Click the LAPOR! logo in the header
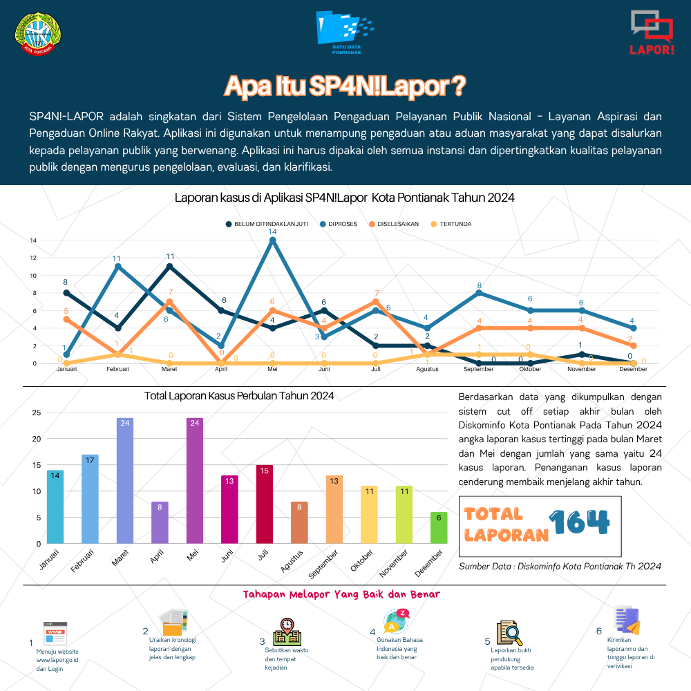coord(652,33)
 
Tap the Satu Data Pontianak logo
coord(343,32)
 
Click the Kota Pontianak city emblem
coord(38,33)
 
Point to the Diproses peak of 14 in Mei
coord(272,240)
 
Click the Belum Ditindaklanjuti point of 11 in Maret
coord(169,266)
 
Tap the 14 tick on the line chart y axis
coord(32,240)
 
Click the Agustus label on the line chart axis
coord(426,370)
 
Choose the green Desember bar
coord(439,527)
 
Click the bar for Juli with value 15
coord(265,504)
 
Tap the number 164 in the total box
coord(580,523)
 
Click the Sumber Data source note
coord(560,566)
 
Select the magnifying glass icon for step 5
coord(507,632)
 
